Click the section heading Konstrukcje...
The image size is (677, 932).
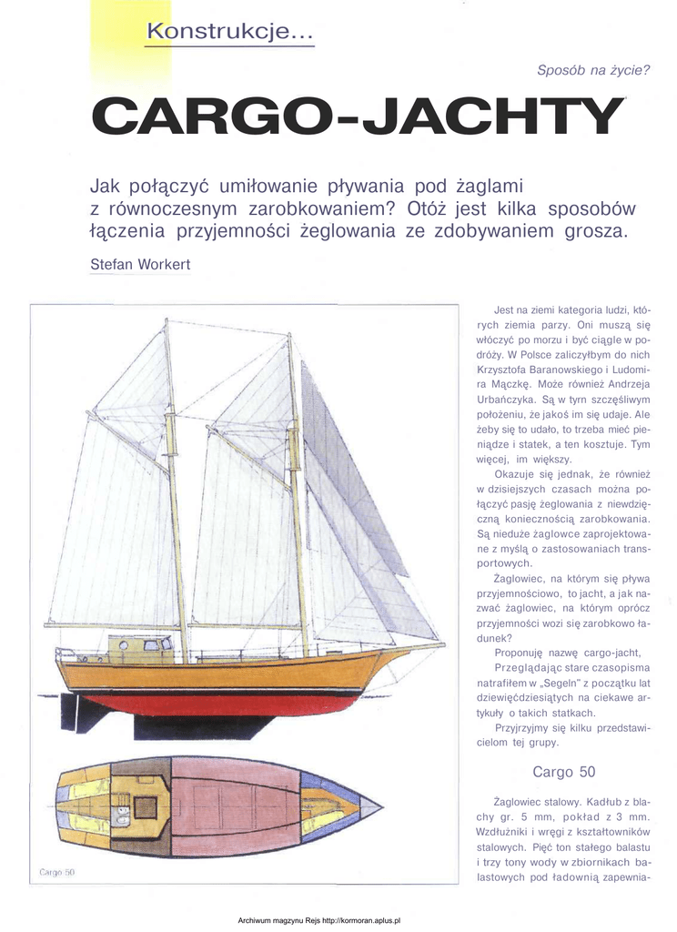coord(229,34)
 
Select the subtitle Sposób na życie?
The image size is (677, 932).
coord(593,69)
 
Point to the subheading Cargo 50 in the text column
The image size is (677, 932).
coord(563,772)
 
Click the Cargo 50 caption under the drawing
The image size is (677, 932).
coord(56,872)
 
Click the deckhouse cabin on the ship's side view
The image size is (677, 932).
coord(140,648)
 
